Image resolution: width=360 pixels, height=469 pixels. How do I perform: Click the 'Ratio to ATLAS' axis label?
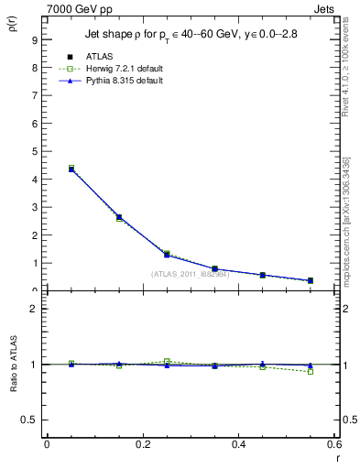13,364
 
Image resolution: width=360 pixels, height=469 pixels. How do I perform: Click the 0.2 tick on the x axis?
143,444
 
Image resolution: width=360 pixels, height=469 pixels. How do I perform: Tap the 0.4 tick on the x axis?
240,444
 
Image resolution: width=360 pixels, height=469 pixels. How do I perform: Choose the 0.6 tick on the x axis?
335,444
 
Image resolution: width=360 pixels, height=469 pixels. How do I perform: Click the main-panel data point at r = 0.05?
71,169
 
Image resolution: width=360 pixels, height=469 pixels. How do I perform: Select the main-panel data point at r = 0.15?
119,217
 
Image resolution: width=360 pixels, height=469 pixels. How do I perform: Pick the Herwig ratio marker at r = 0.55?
311,371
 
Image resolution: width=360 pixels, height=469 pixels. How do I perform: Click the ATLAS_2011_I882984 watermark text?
191,274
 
